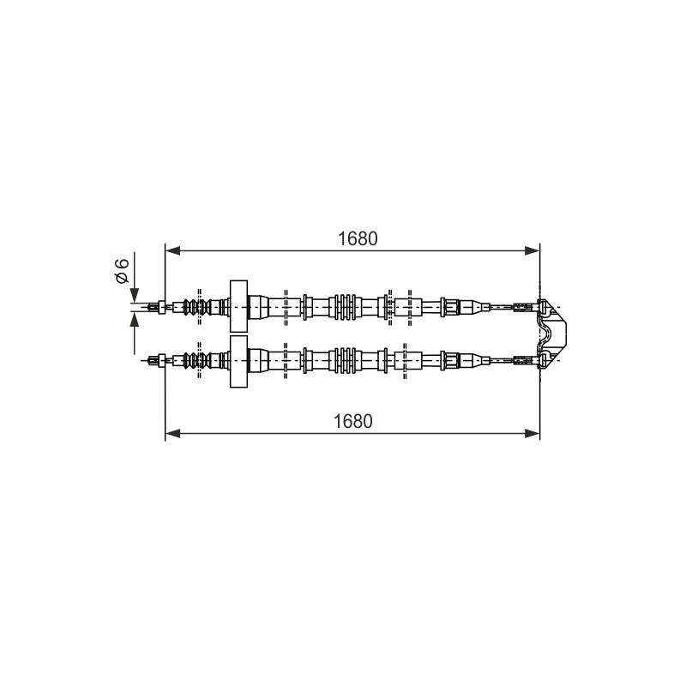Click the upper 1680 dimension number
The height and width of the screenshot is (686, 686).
tap(358, 238)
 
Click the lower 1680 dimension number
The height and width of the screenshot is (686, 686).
tap(353, 421)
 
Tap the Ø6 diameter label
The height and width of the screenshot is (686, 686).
tap(122, 270)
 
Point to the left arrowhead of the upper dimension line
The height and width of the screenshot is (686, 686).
tap(173, 250)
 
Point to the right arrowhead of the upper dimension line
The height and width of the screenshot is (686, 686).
tap(532, 250)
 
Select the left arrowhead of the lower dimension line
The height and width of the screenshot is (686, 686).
tap(173, 434)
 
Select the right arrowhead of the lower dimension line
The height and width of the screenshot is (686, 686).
tap(532, 434)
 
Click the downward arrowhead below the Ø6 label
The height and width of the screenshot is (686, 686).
tap(135, 294)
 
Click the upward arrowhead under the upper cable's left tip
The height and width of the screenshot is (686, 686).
tap(135, 320)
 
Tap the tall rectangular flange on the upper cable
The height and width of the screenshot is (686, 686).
tap(238, 306)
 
